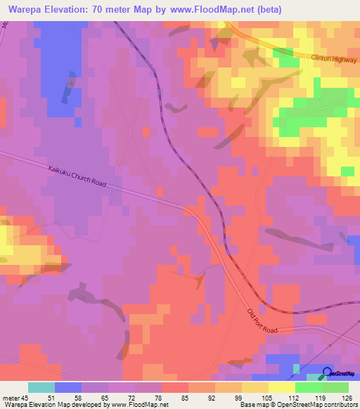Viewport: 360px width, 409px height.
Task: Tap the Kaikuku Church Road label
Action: coord(77,176)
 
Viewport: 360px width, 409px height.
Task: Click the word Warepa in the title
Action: coord(27,10)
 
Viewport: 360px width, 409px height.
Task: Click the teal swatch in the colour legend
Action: coord(41,387)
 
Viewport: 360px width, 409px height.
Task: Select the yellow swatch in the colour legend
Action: coord(281,387)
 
